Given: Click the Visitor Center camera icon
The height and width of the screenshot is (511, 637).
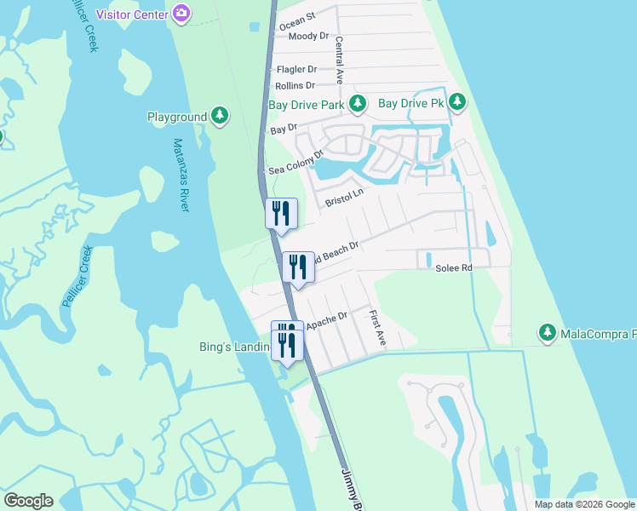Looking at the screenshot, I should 181,14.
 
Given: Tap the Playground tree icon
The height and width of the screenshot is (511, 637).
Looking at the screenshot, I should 220,116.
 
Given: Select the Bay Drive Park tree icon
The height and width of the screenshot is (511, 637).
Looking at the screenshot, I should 358,105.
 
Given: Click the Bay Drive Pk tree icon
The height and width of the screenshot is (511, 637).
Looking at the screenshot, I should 457,103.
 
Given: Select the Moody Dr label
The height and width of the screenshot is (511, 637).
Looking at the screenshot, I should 308,36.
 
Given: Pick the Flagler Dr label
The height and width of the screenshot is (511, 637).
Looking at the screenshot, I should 296,69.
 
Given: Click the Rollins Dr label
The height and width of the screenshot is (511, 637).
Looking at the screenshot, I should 296,85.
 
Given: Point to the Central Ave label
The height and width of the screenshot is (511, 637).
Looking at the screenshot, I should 339,60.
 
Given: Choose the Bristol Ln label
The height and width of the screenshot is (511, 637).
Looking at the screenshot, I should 344,198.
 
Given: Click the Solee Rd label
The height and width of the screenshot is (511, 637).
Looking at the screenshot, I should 454,267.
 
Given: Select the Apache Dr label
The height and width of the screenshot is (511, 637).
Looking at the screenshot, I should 327,320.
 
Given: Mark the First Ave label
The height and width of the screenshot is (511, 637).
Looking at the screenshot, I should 377,329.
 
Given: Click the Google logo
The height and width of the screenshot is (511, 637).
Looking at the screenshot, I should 28,501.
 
